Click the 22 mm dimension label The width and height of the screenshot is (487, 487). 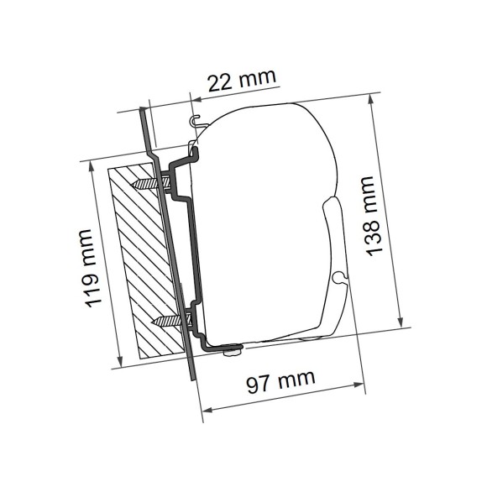point(242,81)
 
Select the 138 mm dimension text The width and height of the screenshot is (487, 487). point(373,215)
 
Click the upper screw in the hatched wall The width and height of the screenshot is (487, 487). point(151,182)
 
